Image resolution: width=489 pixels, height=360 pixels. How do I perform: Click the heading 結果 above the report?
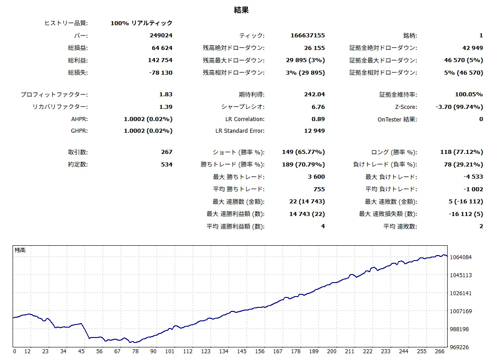(241, 10)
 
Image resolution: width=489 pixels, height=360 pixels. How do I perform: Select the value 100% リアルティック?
(141, 23)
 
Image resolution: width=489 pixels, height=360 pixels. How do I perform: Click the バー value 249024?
(161, 35)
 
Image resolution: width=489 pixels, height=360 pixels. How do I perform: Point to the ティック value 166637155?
(308, 35)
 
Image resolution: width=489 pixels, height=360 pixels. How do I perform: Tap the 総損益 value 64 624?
(162, 48)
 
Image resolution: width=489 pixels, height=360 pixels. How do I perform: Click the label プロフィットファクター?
(54, 94)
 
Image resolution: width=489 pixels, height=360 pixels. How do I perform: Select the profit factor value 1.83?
(166, 94)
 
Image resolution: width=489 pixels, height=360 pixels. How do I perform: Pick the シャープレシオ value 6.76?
(318, 107)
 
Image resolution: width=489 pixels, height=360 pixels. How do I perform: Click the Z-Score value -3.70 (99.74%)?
(459, 107)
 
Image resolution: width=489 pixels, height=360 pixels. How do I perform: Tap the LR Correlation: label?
(245, 119)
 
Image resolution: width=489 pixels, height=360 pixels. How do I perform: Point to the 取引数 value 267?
(166, 152)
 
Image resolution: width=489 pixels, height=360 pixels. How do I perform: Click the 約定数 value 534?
(166, 164)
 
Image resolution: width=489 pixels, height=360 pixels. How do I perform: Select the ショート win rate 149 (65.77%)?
(304, 152)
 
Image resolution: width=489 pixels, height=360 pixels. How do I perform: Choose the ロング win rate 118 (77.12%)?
(462, 152)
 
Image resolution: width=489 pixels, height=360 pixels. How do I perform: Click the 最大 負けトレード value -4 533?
(473, 176)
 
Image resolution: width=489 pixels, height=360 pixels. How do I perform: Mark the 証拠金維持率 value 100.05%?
(469, 94)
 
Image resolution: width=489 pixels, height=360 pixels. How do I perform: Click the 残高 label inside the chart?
(20, 250)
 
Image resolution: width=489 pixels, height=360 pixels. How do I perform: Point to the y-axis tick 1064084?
(461, 257)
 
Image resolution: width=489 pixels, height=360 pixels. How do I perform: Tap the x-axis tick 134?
(224, 351)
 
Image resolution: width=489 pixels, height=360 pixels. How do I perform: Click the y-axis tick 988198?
(459, 329)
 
